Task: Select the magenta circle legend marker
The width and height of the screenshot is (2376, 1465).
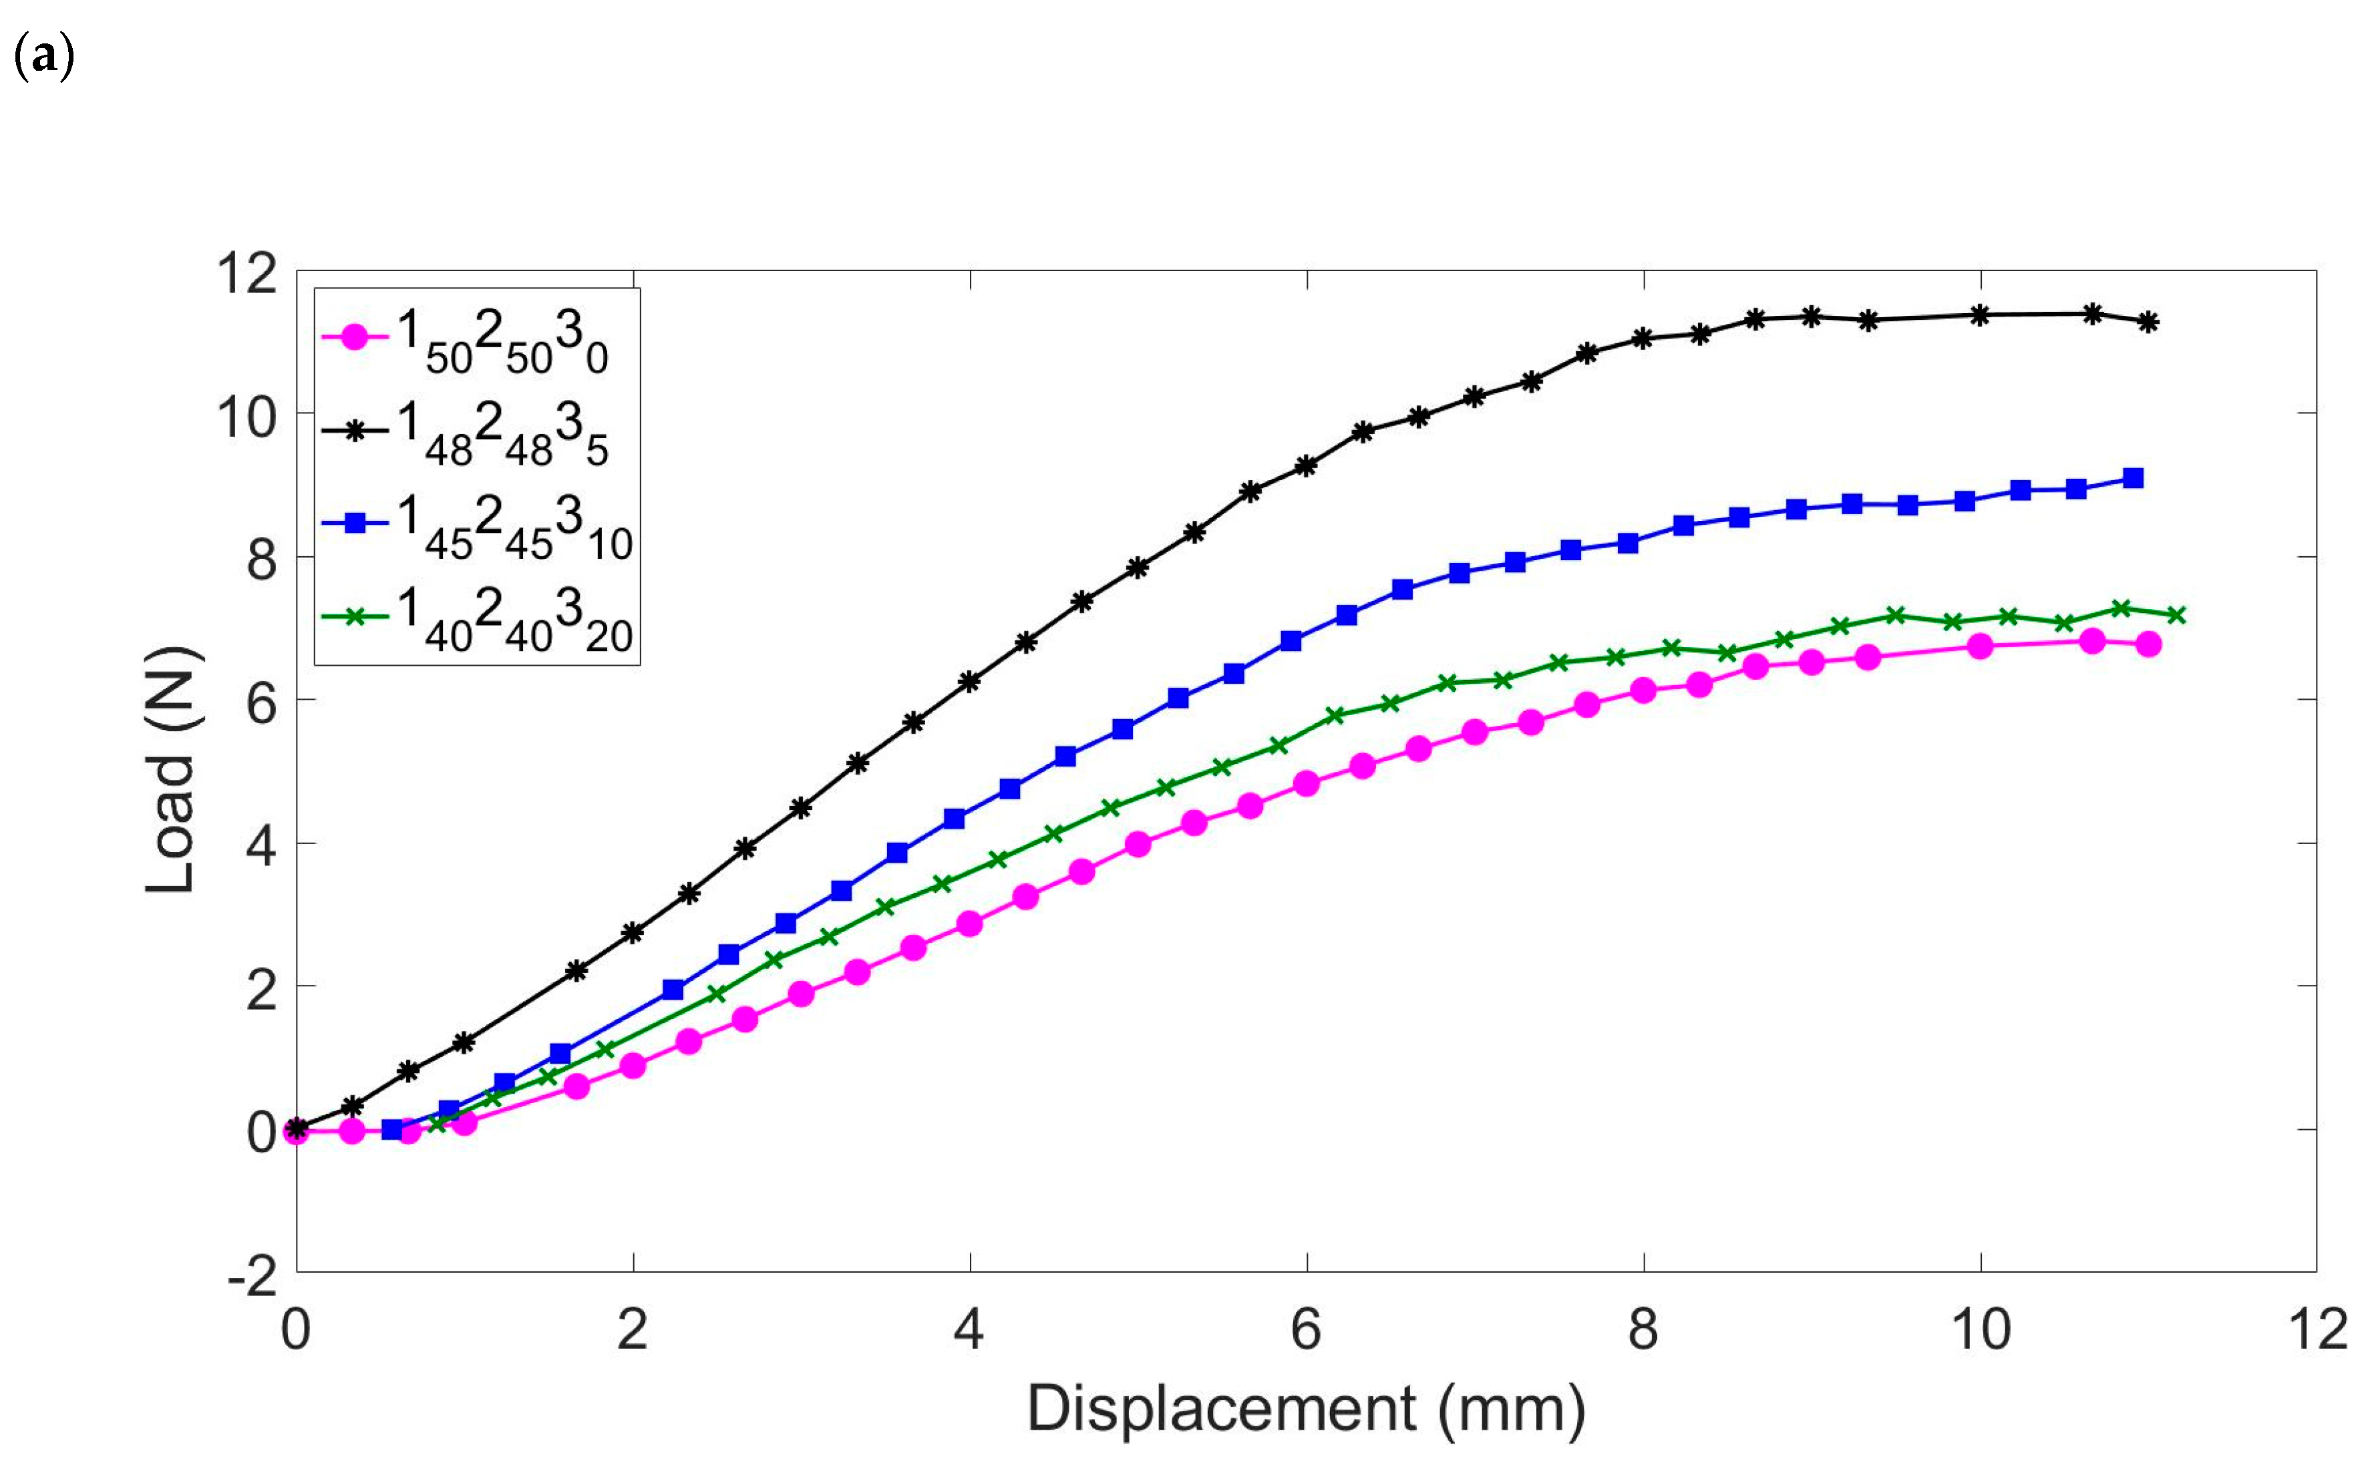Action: tap(355, 338)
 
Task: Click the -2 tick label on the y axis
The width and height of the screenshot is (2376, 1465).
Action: tap(252, 1278)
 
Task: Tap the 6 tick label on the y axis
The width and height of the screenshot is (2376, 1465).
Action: tap(261, 703)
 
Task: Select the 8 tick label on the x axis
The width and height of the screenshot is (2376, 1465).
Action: tap(1643, 1329)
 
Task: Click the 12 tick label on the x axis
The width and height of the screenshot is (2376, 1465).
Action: tap(2319, 1329)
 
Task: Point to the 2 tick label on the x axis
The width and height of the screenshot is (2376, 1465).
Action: tap(632, 1329)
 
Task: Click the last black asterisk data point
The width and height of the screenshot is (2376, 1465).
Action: tap(2148, 322)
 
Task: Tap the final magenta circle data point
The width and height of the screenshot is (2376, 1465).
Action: tap(2148, 644)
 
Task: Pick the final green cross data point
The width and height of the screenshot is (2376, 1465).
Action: tap(2176, 614)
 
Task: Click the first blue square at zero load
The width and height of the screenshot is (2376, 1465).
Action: tap(391, 1128)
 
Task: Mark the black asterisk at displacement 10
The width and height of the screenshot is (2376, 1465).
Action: tap(1981, 315)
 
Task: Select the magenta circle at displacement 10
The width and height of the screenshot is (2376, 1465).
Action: tap(1981, 645)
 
